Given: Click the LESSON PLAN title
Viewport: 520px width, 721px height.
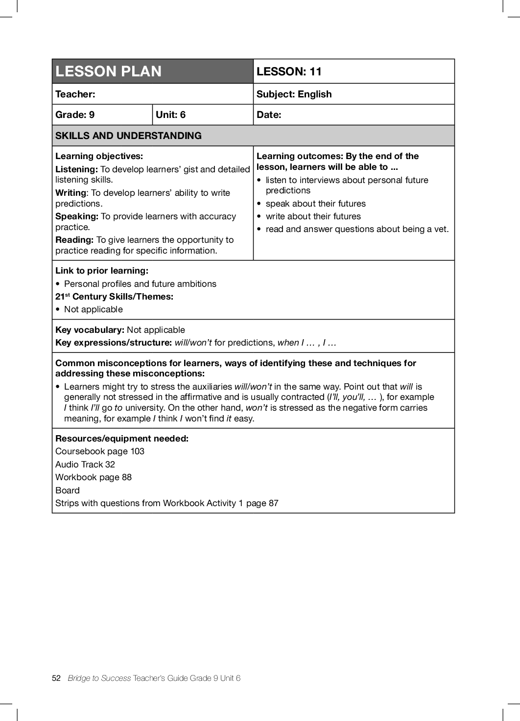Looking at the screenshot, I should coord(108,71).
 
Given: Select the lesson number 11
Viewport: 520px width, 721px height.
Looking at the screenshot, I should coord(315,71).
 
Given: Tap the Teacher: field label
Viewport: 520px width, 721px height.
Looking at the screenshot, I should coord(75,94).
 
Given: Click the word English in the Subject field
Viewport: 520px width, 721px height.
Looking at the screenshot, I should coord(314,94).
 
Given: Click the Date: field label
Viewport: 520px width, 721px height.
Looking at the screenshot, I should coord(269,115).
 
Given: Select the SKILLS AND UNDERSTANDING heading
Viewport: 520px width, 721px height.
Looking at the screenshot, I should coord(128,136).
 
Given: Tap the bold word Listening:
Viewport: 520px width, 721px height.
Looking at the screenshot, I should coord(76,169).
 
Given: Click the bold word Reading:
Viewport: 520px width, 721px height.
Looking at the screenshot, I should coord(74,240).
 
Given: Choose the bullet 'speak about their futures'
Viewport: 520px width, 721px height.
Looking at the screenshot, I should coord(315,204).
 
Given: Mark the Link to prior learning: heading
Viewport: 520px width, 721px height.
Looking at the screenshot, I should coord(102,271).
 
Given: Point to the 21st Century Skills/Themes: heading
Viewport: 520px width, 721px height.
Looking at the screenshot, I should coord(114,297).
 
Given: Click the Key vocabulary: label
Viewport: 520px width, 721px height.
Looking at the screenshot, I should coord(90,330).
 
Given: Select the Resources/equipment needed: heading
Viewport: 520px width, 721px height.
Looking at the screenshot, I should coord(122,439).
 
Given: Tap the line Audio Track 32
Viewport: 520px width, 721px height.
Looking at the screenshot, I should coord(85,465).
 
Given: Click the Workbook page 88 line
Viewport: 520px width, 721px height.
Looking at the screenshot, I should coord(94,477).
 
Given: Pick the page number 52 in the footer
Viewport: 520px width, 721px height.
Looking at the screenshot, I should coord(56,678).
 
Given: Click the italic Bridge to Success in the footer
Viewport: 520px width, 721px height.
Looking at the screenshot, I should coord(99,678).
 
